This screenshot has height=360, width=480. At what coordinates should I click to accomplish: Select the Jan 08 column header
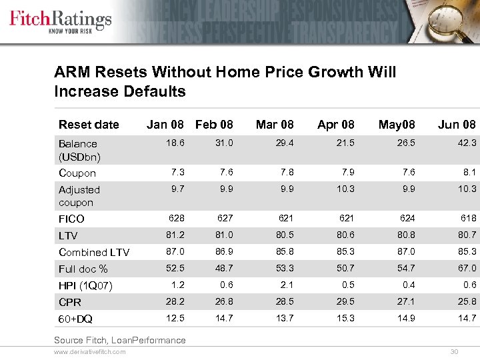click(x=165, y=125)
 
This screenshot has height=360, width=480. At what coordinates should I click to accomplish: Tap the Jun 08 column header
click(x=457, y=125)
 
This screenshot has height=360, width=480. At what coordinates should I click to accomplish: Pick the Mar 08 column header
click(x=275, y=125)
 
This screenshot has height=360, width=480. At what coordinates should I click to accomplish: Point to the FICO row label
click(x=71, y=219)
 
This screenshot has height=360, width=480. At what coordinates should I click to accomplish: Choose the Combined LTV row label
click(x=94, y=252)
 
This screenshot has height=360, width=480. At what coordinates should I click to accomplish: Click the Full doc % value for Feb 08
click(x=223, y=269)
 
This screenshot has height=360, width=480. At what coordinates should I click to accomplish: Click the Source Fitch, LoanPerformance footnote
click(x=120, y=340)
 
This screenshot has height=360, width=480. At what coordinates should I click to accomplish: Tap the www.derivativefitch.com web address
click(x=89, y=351)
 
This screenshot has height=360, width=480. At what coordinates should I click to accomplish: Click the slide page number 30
click(x=455, y=351)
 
